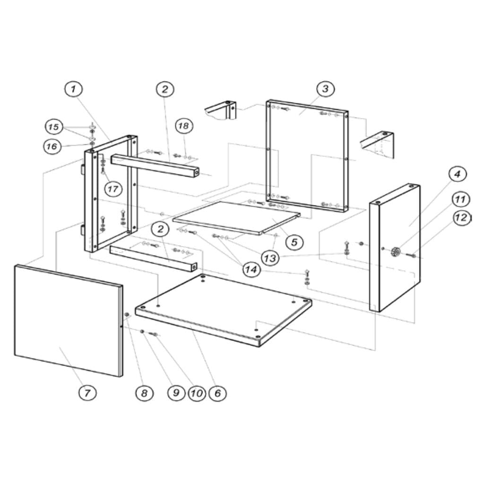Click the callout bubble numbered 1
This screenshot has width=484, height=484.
(x=73, y=89)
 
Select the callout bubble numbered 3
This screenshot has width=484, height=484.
(x=325, y=88)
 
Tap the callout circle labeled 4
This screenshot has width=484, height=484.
(x=457, y=174)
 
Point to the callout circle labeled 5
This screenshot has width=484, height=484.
(x=294, y=242)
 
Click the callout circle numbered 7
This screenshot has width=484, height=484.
(x=88, y=392)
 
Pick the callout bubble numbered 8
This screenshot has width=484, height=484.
(x=144, y=392)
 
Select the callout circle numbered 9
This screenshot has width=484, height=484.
(x=176, y=393)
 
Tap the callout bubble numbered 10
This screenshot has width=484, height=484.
(x=196, y=393)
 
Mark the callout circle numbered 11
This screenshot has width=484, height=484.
(x=460, y=199)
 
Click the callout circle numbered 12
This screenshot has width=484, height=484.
(x=462, y=218)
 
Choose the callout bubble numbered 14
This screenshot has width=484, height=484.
(x=251, y=269)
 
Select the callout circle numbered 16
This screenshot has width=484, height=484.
(x=52, y=147)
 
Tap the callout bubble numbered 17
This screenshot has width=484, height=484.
(x=112, y=189)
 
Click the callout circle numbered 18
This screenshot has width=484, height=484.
(x=184, y=126)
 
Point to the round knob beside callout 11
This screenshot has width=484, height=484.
(x=395, y=252)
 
